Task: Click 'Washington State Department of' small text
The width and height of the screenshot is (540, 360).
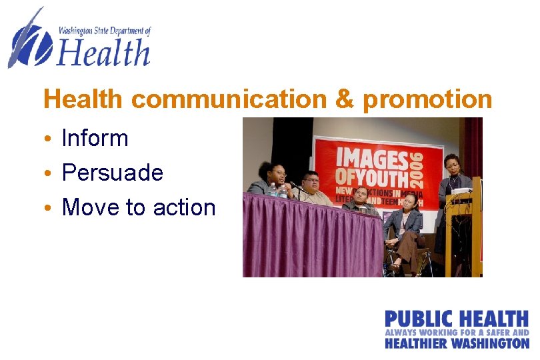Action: (105, 31)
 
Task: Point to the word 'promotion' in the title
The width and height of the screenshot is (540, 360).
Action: (427, 99)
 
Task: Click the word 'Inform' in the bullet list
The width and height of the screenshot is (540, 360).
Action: (95, 138)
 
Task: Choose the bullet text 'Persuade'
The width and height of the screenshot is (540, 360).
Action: (112, 173)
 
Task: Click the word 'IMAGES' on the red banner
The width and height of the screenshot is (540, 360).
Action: (371, 158)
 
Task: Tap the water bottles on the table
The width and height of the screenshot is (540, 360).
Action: (277, 191)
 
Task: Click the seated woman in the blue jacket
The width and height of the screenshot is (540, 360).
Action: (405, 227)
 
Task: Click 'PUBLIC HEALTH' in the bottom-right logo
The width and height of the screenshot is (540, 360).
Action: (456, 319)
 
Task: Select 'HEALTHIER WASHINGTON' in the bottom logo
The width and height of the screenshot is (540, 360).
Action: (456, 343)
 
